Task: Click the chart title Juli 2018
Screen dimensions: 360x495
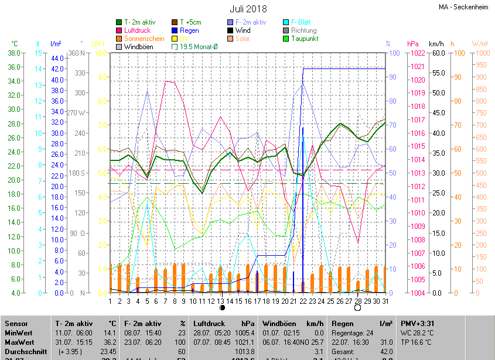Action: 248,9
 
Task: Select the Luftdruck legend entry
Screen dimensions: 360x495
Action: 138,30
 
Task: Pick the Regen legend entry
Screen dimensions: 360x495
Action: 189,30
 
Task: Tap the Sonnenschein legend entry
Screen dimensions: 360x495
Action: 144,39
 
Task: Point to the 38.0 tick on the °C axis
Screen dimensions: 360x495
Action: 13,53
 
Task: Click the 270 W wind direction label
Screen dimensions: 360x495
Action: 76,112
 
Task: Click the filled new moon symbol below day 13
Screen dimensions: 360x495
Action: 222,307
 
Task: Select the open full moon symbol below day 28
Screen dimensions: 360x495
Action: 357,307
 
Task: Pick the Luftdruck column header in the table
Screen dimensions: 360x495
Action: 209,323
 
